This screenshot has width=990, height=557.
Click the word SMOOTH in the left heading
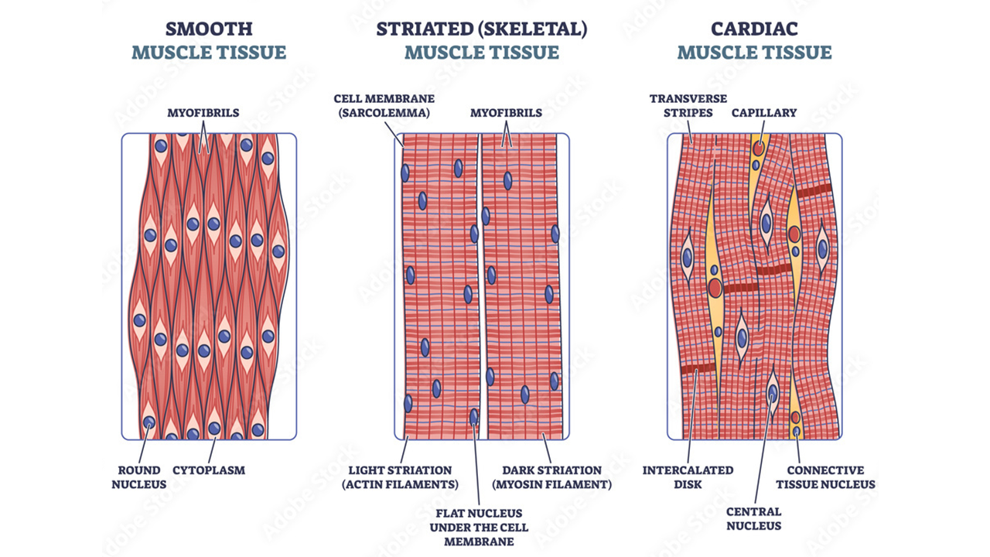pos(209,29)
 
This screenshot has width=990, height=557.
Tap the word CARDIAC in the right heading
pos(755,29)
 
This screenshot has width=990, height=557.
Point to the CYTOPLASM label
pos(208,470)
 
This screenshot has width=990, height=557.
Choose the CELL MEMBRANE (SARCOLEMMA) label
pos(384,106)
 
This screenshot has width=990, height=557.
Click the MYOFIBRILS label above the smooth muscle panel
pos(203,113)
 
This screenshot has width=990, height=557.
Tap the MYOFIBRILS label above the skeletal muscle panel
pos(506,113)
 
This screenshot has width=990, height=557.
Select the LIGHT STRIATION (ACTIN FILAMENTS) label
pos(400,477)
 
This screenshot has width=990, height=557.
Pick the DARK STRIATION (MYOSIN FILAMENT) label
pos(551,477)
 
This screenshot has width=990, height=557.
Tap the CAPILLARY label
pos(764,113)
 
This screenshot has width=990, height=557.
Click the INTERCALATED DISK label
pos(688,477)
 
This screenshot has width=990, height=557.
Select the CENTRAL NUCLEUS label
pos(753,518)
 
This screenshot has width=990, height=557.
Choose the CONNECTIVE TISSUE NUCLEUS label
pos(831,477)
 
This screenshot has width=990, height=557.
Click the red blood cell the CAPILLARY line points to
pos(760,147)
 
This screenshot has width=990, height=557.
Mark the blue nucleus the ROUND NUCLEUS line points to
pos(148,422)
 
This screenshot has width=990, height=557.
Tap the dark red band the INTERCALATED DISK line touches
pos(698,368)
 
